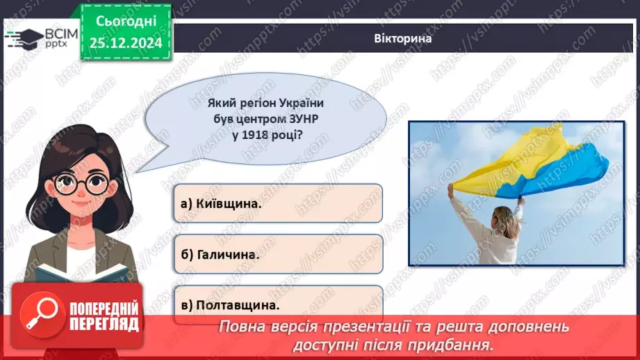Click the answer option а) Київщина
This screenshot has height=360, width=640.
[x=277, y=203]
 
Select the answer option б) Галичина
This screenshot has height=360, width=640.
[x=277, y=254]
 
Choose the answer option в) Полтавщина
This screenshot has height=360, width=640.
[x=277, y=304]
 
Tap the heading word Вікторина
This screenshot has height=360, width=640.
[x=402, y=38]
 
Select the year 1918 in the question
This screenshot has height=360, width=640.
[x=254, y=136]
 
